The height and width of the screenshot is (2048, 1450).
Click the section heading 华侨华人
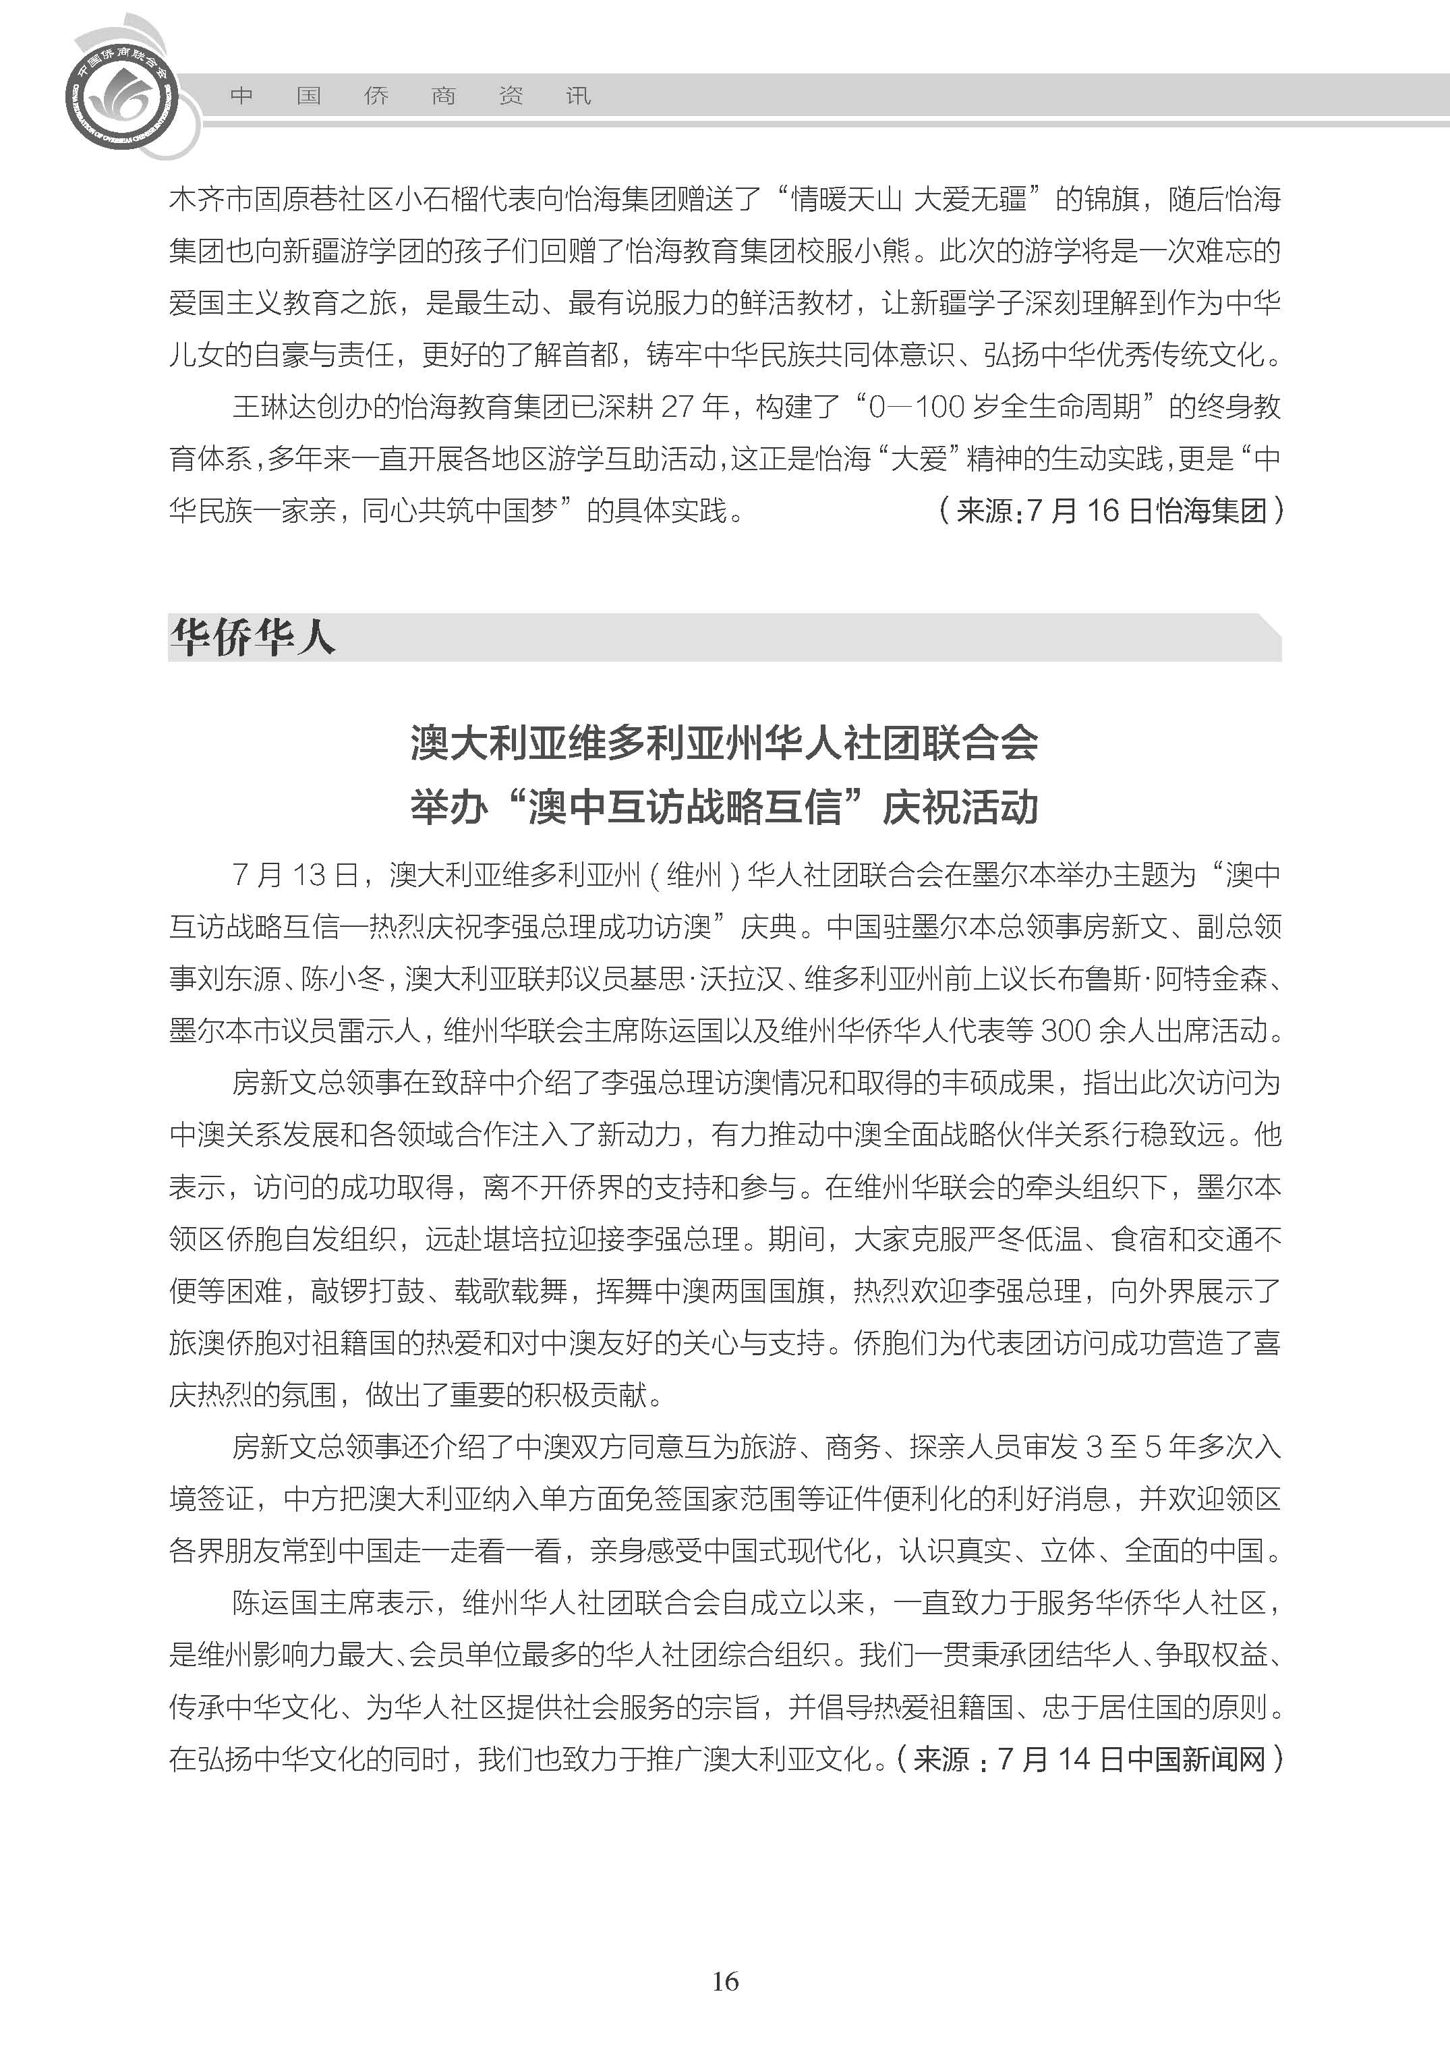tap(253, 637)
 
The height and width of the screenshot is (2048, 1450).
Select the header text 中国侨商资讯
tap(411, 96)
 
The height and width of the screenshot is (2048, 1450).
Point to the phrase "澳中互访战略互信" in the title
tap(685, 807)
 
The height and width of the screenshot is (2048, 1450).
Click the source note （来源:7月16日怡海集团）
tap(1111, 511)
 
